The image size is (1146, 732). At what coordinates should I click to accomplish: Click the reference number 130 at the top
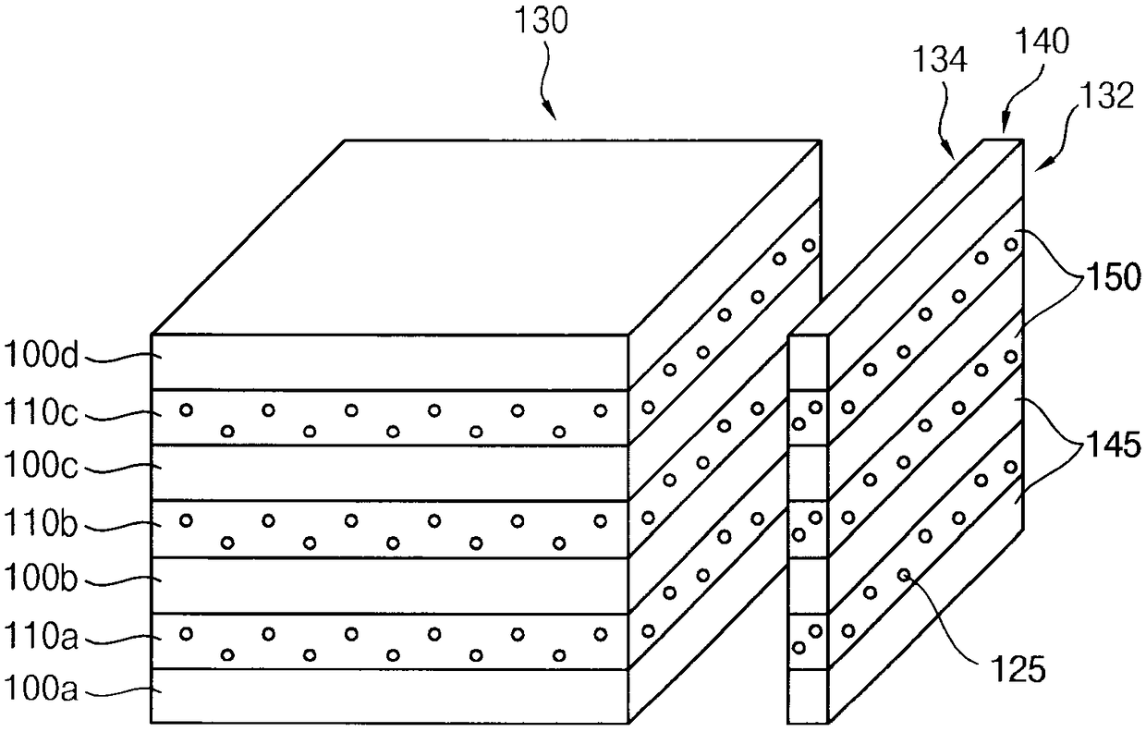pos(541,21)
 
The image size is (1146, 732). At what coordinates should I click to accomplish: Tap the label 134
pos(940,60)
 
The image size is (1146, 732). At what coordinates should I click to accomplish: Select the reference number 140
pos(1042,41)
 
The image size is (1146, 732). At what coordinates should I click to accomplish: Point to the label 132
pos(1107,95)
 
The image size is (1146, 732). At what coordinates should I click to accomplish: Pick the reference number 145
pos(1114,444)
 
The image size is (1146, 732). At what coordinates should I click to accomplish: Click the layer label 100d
pos(41,355)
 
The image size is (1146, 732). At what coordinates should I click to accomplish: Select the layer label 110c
pos(41,412)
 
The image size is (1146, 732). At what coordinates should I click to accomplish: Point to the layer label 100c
pos(41,466)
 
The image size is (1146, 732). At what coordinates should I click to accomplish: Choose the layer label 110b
pos(41,523)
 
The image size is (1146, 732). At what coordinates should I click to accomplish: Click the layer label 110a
pos(41,637)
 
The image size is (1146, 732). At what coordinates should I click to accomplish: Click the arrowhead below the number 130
pos(551,112)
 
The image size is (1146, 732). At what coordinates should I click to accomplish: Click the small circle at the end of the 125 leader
pos(904,575)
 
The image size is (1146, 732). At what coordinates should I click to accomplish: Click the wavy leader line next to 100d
pos(123,358)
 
